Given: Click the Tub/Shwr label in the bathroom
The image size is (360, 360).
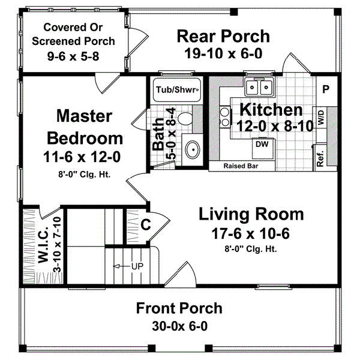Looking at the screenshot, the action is tap(176, 89).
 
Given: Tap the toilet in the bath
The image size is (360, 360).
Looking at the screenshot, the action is tap(185, 118).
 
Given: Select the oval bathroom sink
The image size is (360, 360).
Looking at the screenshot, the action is tap(193, 149).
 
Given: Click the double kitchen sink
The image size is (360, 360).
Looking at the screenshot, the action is tap(259, 87).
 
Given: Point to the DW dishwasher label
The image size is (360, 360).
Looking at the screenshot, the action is tap(262, 144).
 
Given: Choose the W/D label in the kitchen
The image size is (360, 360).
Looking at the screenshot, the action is tap(322, 117).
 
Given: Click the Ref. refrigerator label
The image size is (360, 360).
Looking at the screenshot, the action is tap(320, 158).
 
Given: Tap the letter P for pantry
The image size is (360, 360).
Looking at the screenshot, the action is tap(326, 89).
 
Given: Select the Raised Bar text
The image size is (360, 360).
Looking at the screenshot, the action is tap(241, 166).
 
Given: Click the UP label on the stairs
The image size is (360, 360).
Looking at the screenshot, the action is tap(137, 266).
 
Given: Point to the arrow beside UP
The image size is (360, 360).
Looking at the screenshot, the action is tap(121, 266).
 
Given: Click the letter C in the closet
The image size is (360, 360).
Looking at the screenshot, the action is tap(146, 224).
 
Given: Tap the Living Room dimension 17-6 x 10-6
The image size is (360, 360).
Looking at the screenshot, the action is tap(250, 234).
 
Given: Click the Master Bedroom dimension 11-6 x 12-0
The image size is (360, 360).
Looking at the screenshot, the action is tap(82, 157).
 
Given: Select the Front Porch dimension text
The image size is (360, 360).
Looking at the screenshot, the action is tap(179, 326).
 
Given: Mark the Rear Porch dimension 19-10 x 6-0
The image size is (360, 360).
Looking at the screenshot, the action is tap(223, 53).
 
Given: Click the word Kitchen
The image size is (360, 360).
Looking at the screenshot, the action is tap(271, 110).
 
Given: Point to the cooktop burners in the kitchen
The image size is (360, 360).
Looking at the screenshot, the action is tap(225, 118).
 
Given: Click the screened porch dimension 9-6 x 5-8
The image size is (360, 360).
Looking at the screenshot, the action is tap(73, 56).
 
